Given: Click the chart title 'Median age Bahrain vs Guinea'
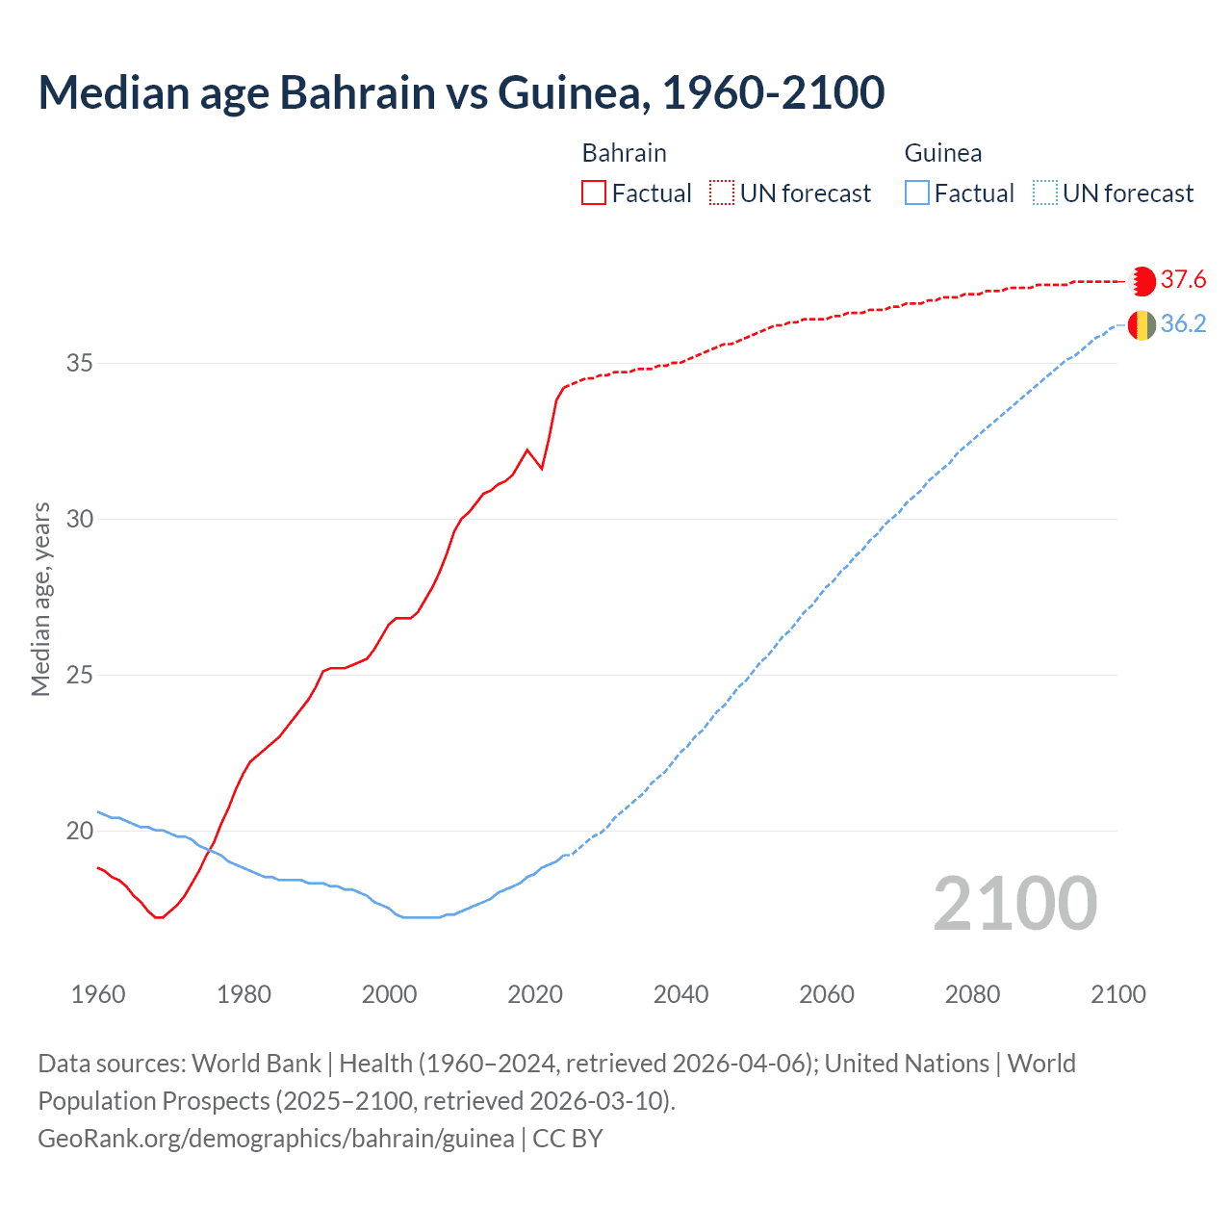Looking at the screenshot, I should pyautogui.click(x=461, y=92).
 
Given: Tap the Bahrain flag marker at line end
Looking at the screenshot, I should pyautogui.click(x=1142, y=281).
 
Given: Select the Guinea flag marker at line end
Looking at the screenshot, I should pyautogui.click(x=1142, y=325).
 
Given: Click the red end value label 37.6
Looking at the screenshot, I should pyautogui.click(x=1183, y=280).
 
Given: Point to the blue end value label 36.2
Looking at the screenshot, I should pyautogui.click(x=1183, y=324).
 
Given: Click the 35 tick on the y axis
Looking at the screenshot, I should pyautogui.click(x=80, y=364).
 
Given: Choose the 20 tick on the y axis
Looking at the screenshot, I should pyautogui.click(x=80, y=831).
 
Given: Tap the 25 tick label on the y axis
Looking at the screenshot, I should pyautogui.click(x=80, y=675).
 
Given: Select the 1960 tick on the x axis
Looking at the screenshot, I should pyautogui.click(x=98, y=994).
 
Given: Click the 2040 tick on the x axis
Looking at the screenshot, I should pyautogui.click(x=680, y=994).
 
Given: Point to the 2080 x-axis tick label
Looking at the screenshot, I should pyautogui.click(x=972, y=994).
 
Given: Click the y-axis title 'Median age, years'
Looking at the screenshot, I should pyautogui.click(x=40, y=599).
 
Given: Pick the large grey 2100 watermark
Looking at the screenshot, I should pyautogui.click(x=1014, y=904).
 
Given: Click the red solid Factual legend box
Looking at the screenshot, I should pyautogui.click(x=594, y=193).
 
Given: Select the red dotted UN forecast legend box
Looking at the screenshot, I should pyautogui.click(x=722, y=193).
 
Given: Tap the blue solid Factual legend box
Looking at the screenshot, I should pyautogui.click(x=917, y=193).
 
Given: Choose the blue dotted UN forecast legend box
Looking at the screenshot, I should pyautogui.click(x=1044, y=193).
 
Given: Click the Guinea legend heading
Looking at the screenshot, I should pyautogui.click(x=943, y=153).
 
